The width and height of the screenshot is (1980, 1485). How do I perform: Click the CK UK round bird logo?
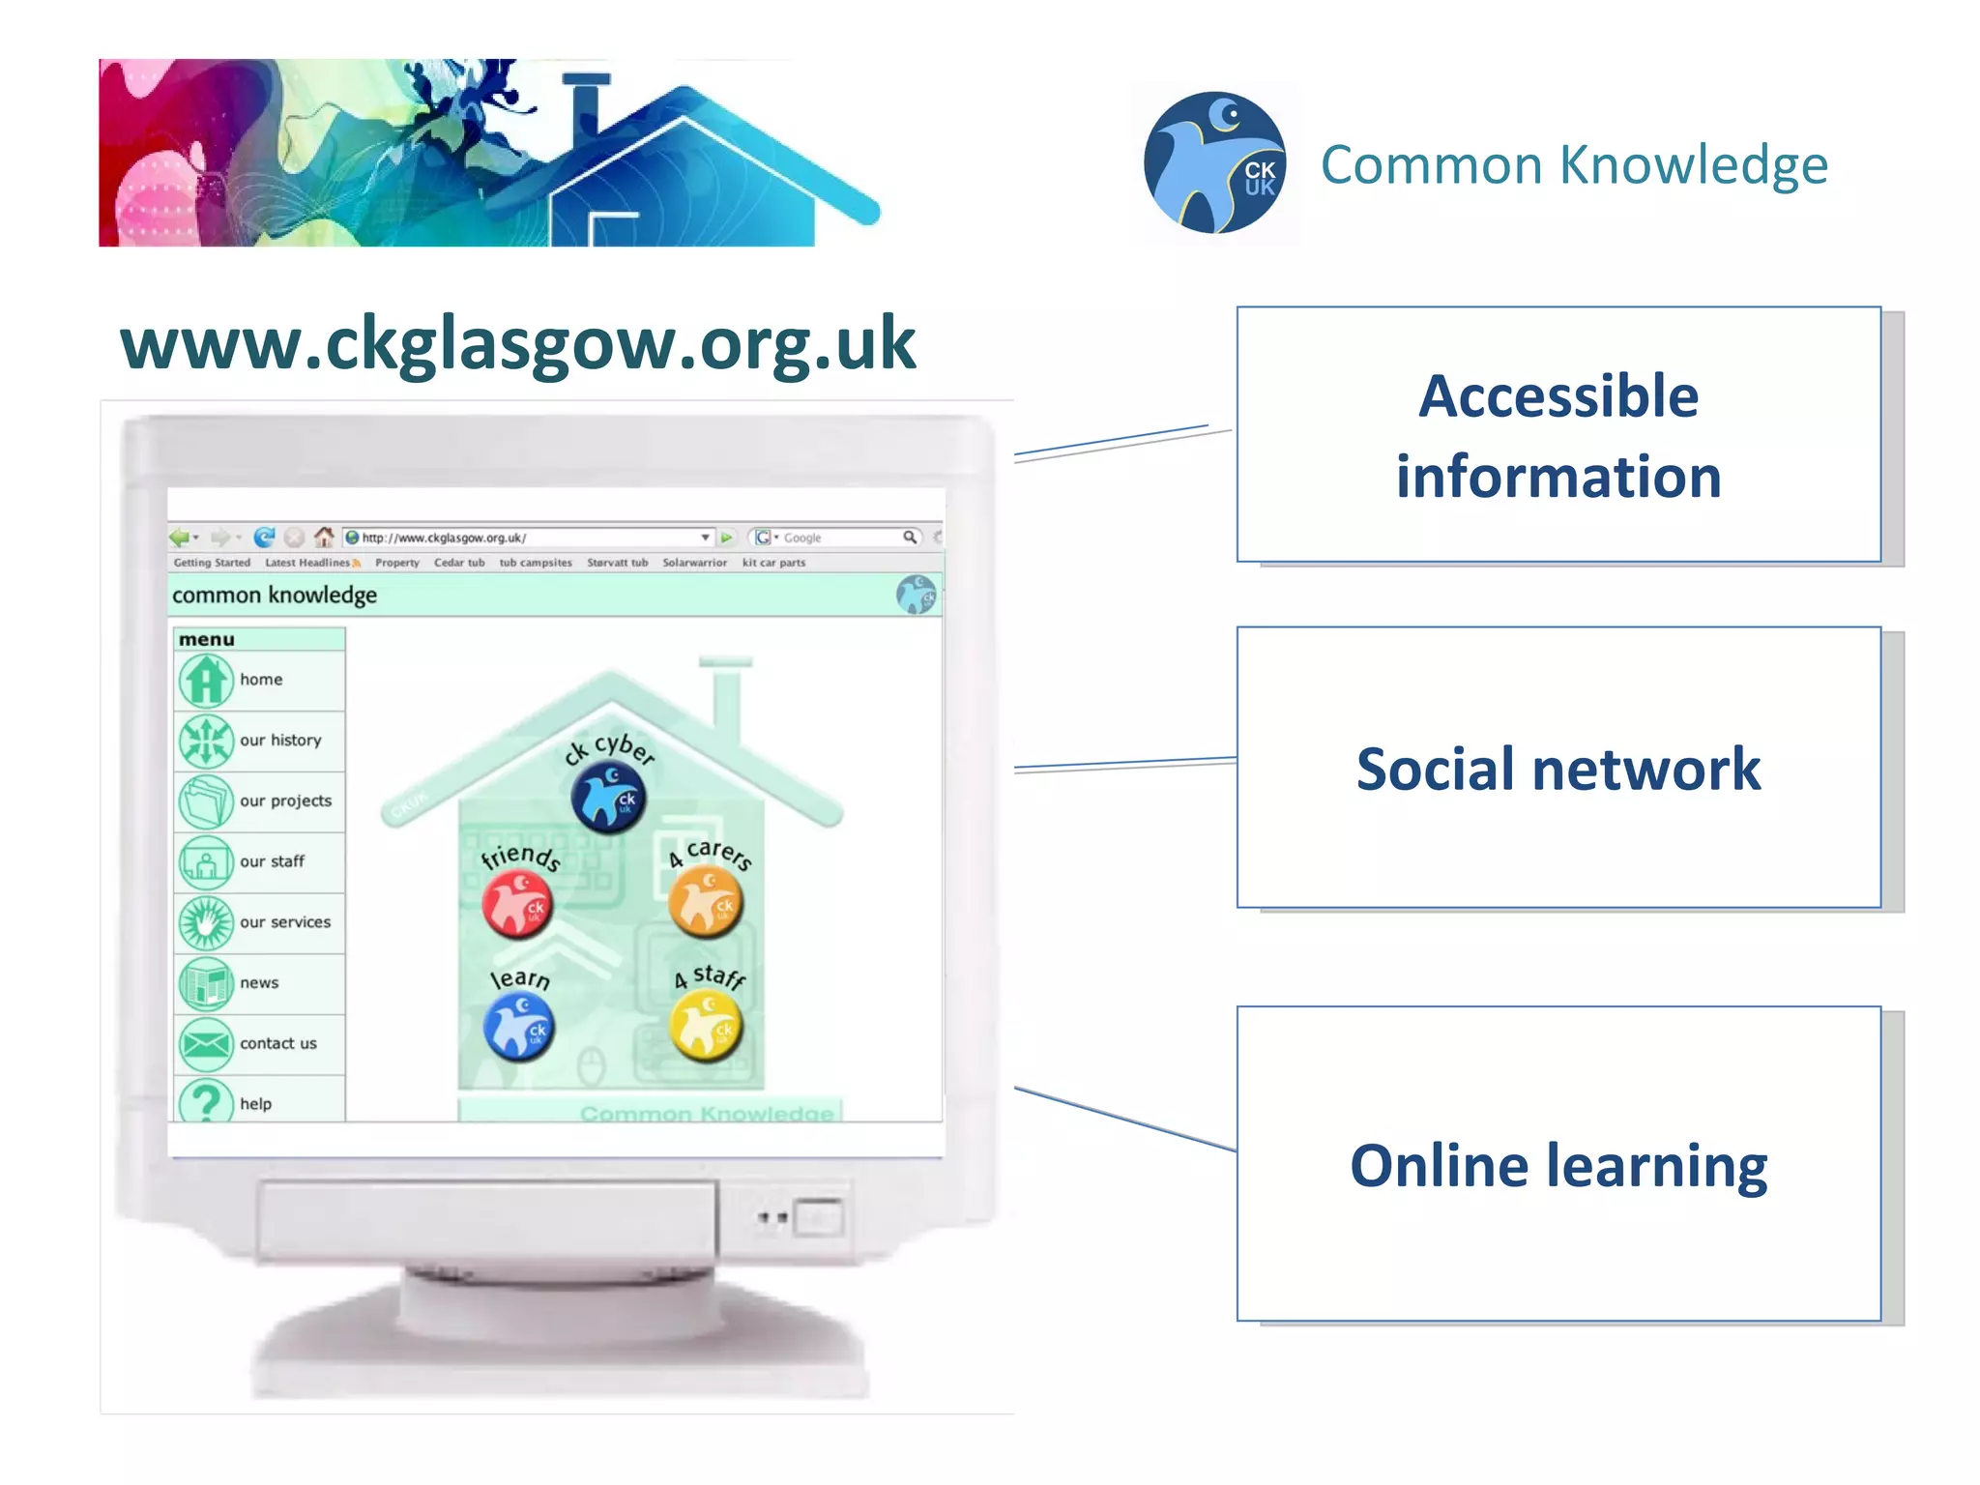(x=1214, y=162)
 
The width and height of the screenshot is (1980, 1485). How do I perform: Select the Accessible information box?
(x=1558, y=435)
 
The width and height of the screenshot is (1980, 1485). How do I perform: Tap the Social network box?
(x=1558, y=768)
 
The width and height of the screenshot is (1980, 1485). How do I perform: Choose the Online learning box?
(x=1558, y=1164)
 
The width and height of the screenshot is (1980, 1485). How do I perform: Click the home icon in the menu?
(x=205, y=681)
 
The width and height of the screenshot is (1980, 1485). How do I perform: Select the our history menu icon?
(x=205, y=742)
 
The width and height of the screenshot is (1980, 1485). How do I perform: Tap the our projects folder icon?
(x=205, y=801)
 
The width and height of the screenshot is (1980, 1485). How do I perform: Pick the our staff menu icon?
(x=205, y=862)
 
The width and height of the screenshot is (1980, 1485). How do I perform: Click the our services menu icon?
(x=205, y=922)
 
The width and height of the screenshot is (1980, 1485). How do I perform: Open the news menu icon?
(x=205, y=983)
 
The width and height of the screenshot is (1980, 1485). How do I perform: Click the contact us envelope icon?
(x=205, y=1044)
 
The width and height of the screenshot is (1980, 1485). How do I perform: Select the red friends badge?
(x=517, y=905)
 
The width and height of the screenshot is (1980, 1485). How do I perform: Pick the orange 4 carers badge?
(x=706, y=902)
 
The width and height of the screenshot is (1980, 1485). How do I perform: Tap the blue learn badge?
(x=519, y=1027)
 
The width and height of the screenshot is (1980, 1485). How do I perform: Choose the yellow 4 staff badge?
(x=707, y=1027)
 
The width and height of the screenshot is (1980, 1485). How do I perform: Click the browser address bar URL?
(x=445, y=538)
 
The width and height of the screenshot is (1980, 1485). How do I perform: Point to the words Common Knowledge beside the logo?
(x=1574, y=164)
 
